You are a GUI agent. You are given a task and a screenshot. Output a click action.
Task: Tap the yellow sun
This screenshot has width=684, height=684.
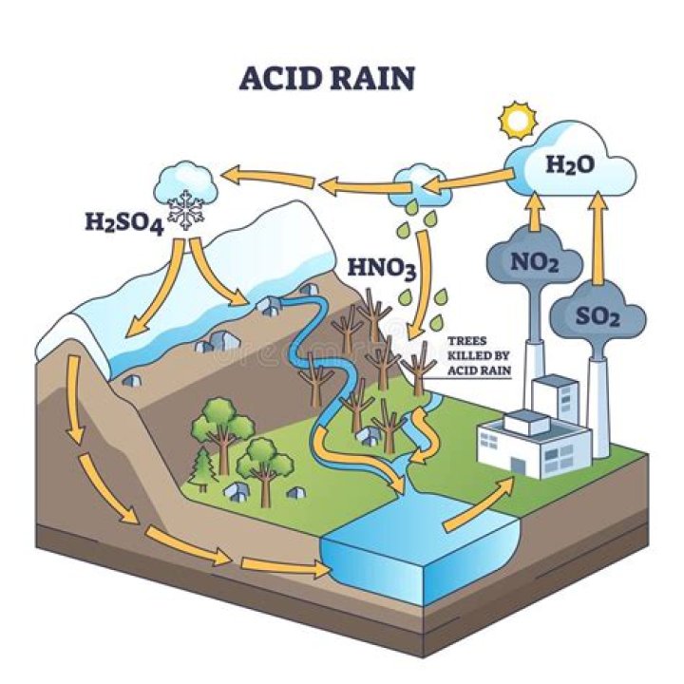point(519,121)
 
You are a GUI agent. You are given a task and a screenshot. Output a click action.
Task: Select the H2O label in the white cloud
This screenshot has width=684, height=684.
point(570,164)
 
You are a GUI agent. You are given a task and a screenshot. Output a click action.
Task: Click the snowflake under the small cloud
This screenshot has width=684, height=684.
point(186,211)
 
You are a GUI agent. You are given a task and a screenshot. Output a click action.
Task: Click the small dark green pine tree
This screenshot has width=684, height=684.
point(202,465)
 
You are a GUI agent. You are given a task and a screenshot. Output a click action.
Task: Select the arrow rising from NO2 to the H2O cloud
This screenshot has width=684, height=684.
point(535,210)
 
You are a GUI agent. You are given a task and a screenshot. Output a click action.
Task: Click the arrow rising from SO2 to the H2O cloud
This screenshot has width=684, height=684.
point(598,237)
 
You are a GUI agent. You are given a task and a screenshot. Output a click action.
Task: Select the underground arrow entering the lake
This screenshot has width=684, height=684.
point(285,568)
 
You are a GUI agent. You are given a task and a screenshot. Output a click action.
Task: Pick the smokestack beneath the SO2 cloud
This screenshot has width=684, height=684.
point(598,399)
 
